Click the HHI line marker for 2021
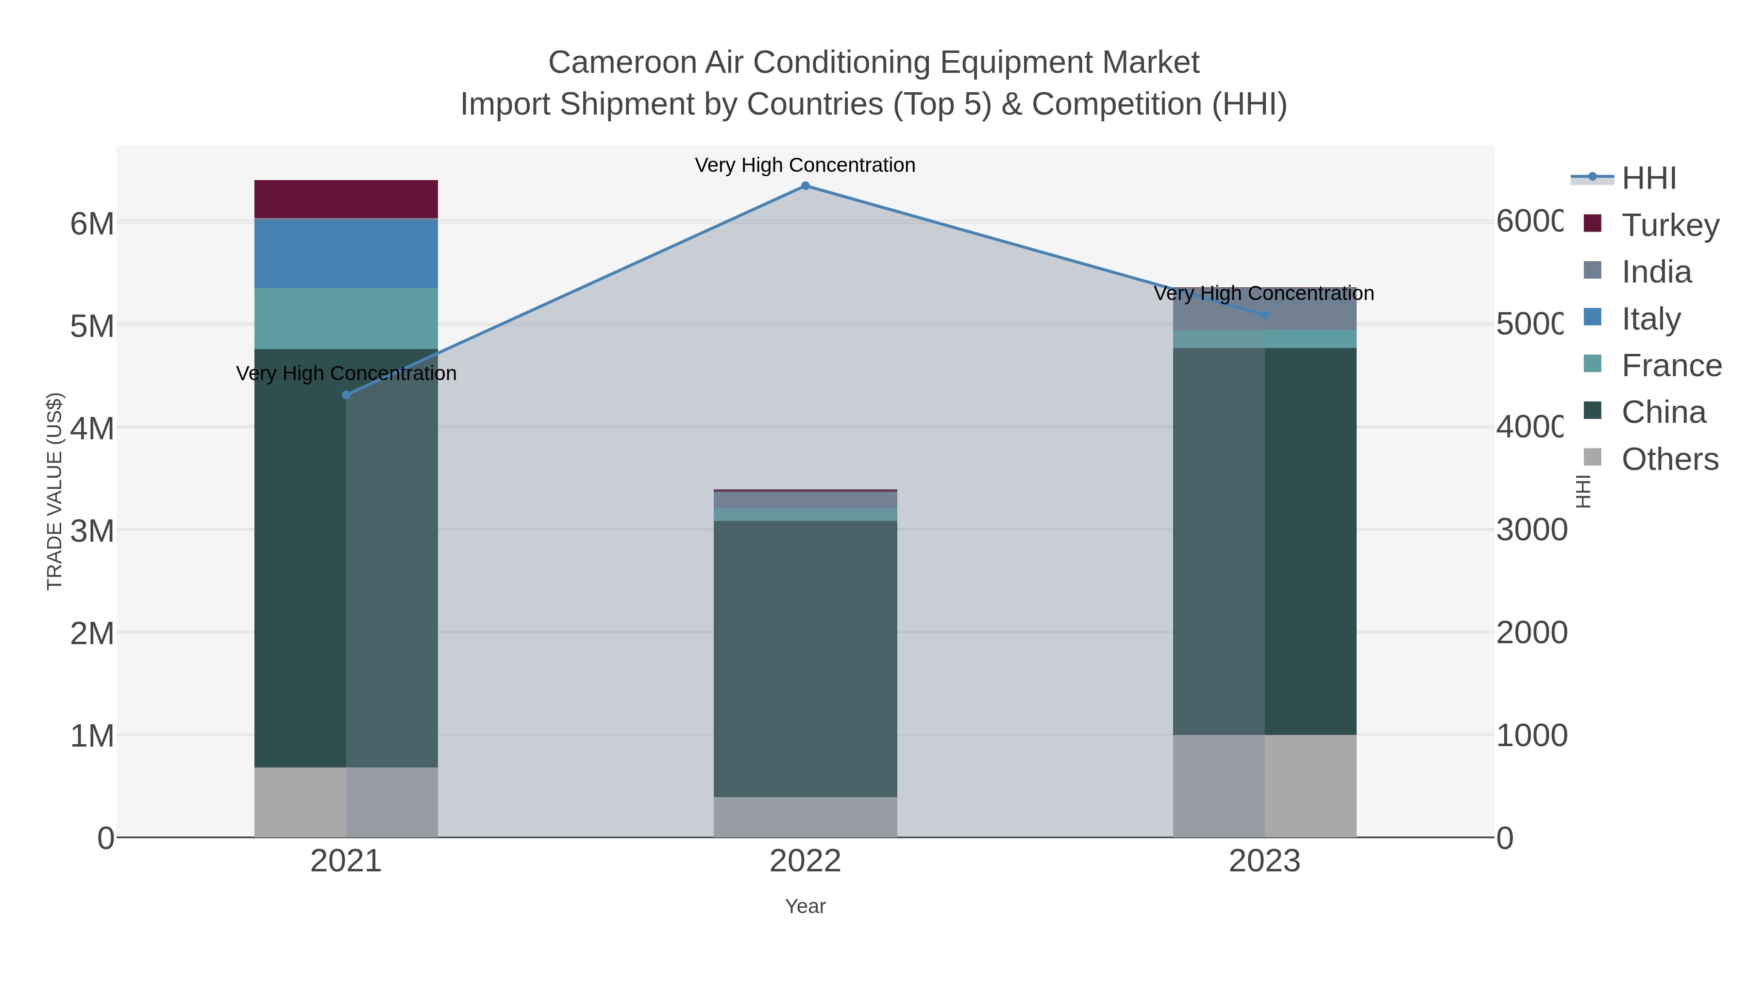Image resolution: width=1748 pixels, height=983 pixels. (x=346, y=395)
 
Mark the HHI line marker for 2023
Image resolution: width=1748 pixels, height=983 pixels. (x=1264, y=315)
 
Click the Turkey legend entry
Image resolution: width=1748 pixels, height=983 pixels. (x=1669, y=225)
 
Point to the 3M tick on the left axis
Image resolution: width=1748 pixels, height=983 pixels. (x=92, y=531)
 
